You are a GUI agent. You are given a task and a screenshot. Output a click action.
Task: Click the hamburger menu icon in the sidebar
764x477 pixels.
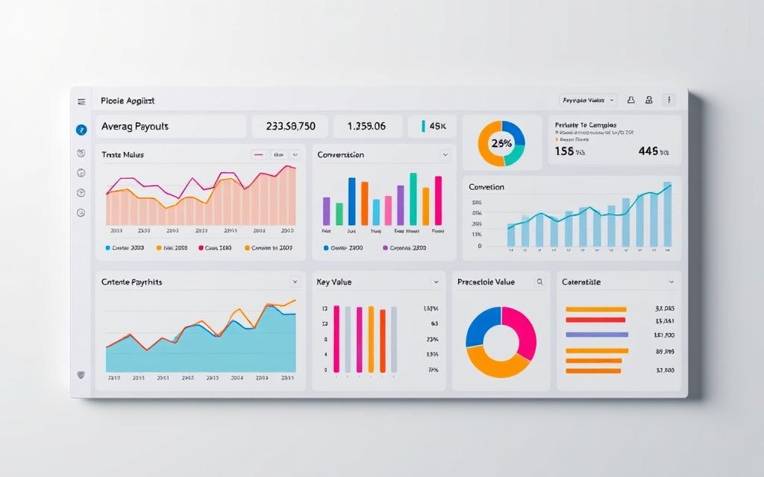(81, 101)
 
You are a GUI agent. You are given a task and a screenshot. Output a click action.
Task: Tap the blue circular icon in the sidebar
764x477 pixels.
(81, 129)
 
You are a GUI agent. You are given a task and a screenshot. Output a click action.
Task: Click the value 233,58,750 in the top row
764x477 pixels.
(290, 127)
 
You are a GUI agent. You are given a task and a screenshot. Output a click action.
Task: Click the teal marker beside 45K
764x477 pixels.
(423, 127)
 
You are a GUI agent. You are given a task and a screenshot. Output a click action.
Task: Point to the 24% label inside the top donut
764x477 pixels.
(501, 143)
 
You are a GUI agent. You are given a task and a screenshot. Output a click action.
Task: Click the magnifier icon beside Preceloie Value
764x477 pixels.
(539, 282)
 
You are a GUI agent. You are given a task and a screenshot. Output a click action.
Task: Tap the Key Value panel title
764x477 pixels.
(334, 282)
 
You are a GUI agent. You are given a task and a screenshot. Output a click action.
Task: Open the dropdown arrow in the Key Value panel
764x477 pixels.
(436, 282)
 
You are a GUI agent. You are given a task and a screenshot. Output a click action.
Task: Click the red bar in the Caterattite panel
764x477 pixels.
(595, 319)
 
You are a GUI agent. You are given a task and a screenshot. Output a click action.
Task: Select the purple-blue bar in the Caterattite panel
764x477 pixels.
(597, 335)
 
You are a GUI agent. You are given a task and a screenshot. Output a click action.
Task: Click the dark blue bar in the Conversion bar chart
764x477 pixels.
(351, 201)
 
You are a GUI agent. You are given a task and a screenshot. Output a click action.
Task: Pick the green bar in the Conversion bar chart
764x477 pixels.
(339, 213)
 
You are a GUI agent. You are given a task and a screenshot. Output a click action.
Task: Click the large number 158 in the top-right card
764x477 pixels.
(565, 151)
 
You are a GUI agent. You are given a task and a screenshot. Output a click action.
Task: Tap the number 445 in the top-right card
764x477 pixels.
(648, 151)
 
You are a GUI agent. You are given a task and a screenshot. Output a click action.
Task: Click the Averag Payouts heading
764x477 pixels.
(135, 127)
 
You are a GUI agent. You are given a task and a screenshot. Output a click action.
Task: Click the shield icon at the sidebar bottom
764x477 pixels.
(81, 375)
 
